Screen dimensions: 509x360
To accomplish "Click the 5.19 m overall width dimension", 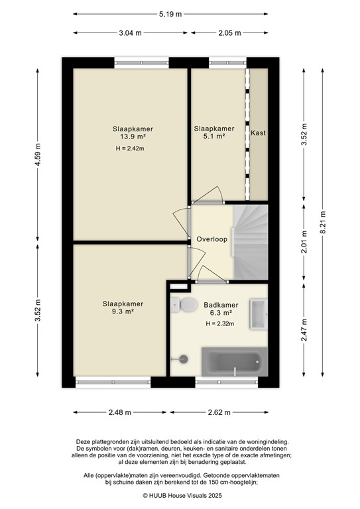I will tap(170, 14).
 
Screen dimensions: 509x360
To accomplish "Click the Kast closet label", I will tap(258, 133).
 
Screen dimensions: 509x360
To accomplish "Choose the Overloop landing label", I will tap(212, 239).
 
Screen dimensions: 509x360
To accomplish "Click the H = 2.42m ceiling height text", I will tap(129, 148).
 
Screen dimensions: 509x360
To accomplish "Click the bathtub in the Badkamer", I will tap(232, 364).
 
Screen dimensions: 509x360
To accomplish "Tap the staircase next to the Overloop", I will tap(251, 242).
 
